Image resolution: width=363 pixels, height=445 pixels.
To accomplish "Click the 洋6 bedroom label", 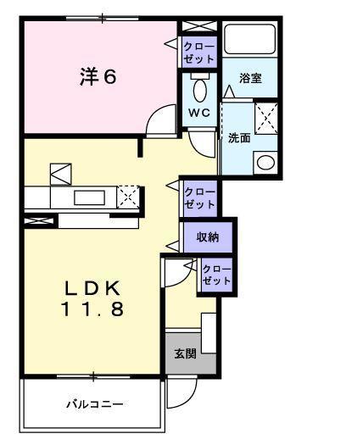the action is point(98,76).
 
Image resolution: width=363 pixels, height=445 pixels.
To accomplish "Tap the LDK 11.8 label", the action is point(93,298).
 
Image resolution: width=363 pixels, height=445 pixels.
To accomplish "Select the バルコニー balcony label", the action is point(95,403).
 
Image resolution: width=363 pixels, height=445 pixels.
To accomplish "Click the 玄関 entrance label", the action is point(185,353).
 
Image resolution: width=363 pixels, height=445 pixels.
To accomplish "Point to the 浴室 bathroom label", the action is point(250,78).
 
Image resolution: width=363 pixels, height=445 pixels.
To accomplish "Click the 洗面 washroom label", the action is point(239,138).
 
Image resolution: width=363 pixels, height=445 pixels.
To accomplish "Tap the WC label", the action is point(199,113).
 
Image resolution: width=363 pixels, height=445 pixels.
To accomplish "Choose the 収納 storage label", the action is point(208,237).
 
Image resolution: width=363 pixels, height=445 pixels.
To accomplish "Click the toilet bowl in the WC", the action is point(200,90).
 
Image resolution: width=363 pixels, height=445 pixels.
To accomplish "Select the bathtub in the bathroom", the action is point(250,39).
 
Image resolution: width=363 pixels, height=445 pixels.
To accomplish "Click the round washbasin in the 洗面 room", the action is point(265,163).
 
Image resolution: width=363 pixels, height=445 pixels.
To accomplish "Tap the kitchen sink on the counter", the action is point(89,197).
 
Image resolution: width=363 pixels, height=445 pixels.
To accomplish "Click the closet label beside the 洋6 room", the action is point(198,53).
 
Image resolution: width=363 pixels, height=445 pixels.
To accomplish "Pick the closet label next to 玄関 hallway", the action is point(217,275).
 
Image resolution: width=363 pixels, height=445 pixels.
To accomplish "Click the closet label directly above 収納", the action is point(199,198).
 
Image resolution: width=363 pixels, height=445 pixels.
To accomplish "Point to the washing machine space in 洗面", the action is point(266,119).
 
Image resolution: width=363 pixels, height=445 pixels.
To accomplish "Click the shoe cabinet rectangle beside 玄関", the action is point(209,333).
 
